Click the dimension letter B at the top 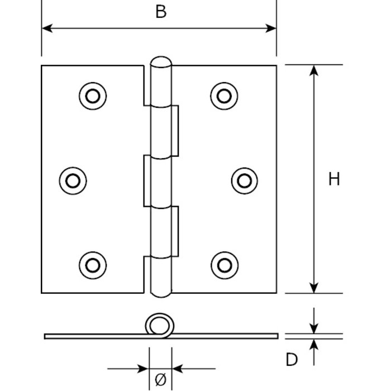pyautogui.click(x=161, y=12)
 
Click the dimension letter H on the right pyautogui.click(x=334, y=179)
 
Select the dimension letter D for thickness pyautogui.click(x=292, y=360)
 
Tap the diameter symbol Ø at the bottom pyautogui.click(x=160, y=380)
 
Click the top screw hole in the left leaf pyautogui.click(x=92, y=96)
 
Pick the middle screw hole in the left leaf pyautogui.click(x=73, y=180)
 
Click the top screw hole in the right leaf pyautogui.click(x=224, y=96)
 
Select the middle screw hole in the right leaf pyautogui.click(x=244, y=180)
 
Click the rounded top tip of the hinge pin pyautogui.click(x=160, y=61)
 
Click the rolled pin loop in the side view pyautogui.click(x=159, y=325)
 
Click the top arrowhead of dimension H pyautogui.click(x=314, y=71)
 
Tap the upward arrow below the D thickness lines pyautogui.click(x=314, y=345)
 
